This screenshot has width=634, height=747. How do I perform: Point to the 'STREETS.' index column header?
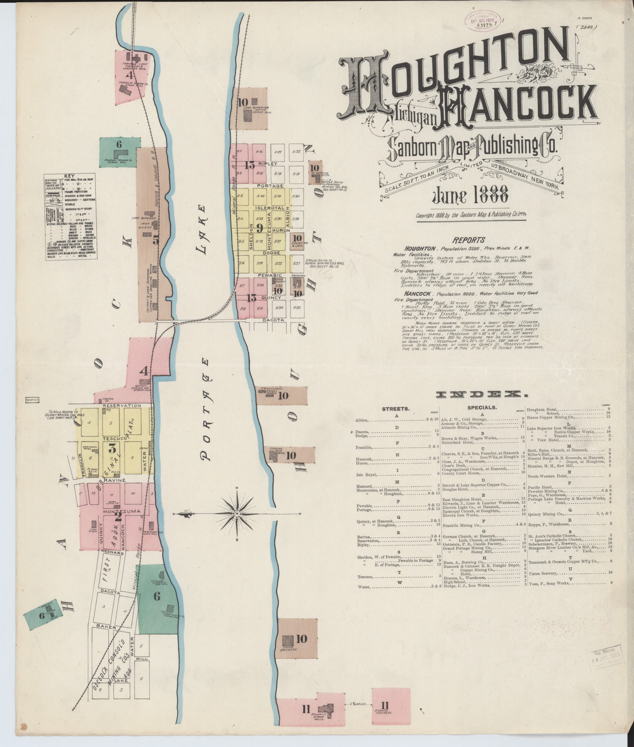(395, 409)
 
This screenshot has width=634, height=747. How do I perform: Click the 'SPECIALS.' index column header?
(482, 408)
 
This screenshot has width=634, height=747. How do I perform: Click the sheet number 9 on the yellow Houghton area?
(259, 228)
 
